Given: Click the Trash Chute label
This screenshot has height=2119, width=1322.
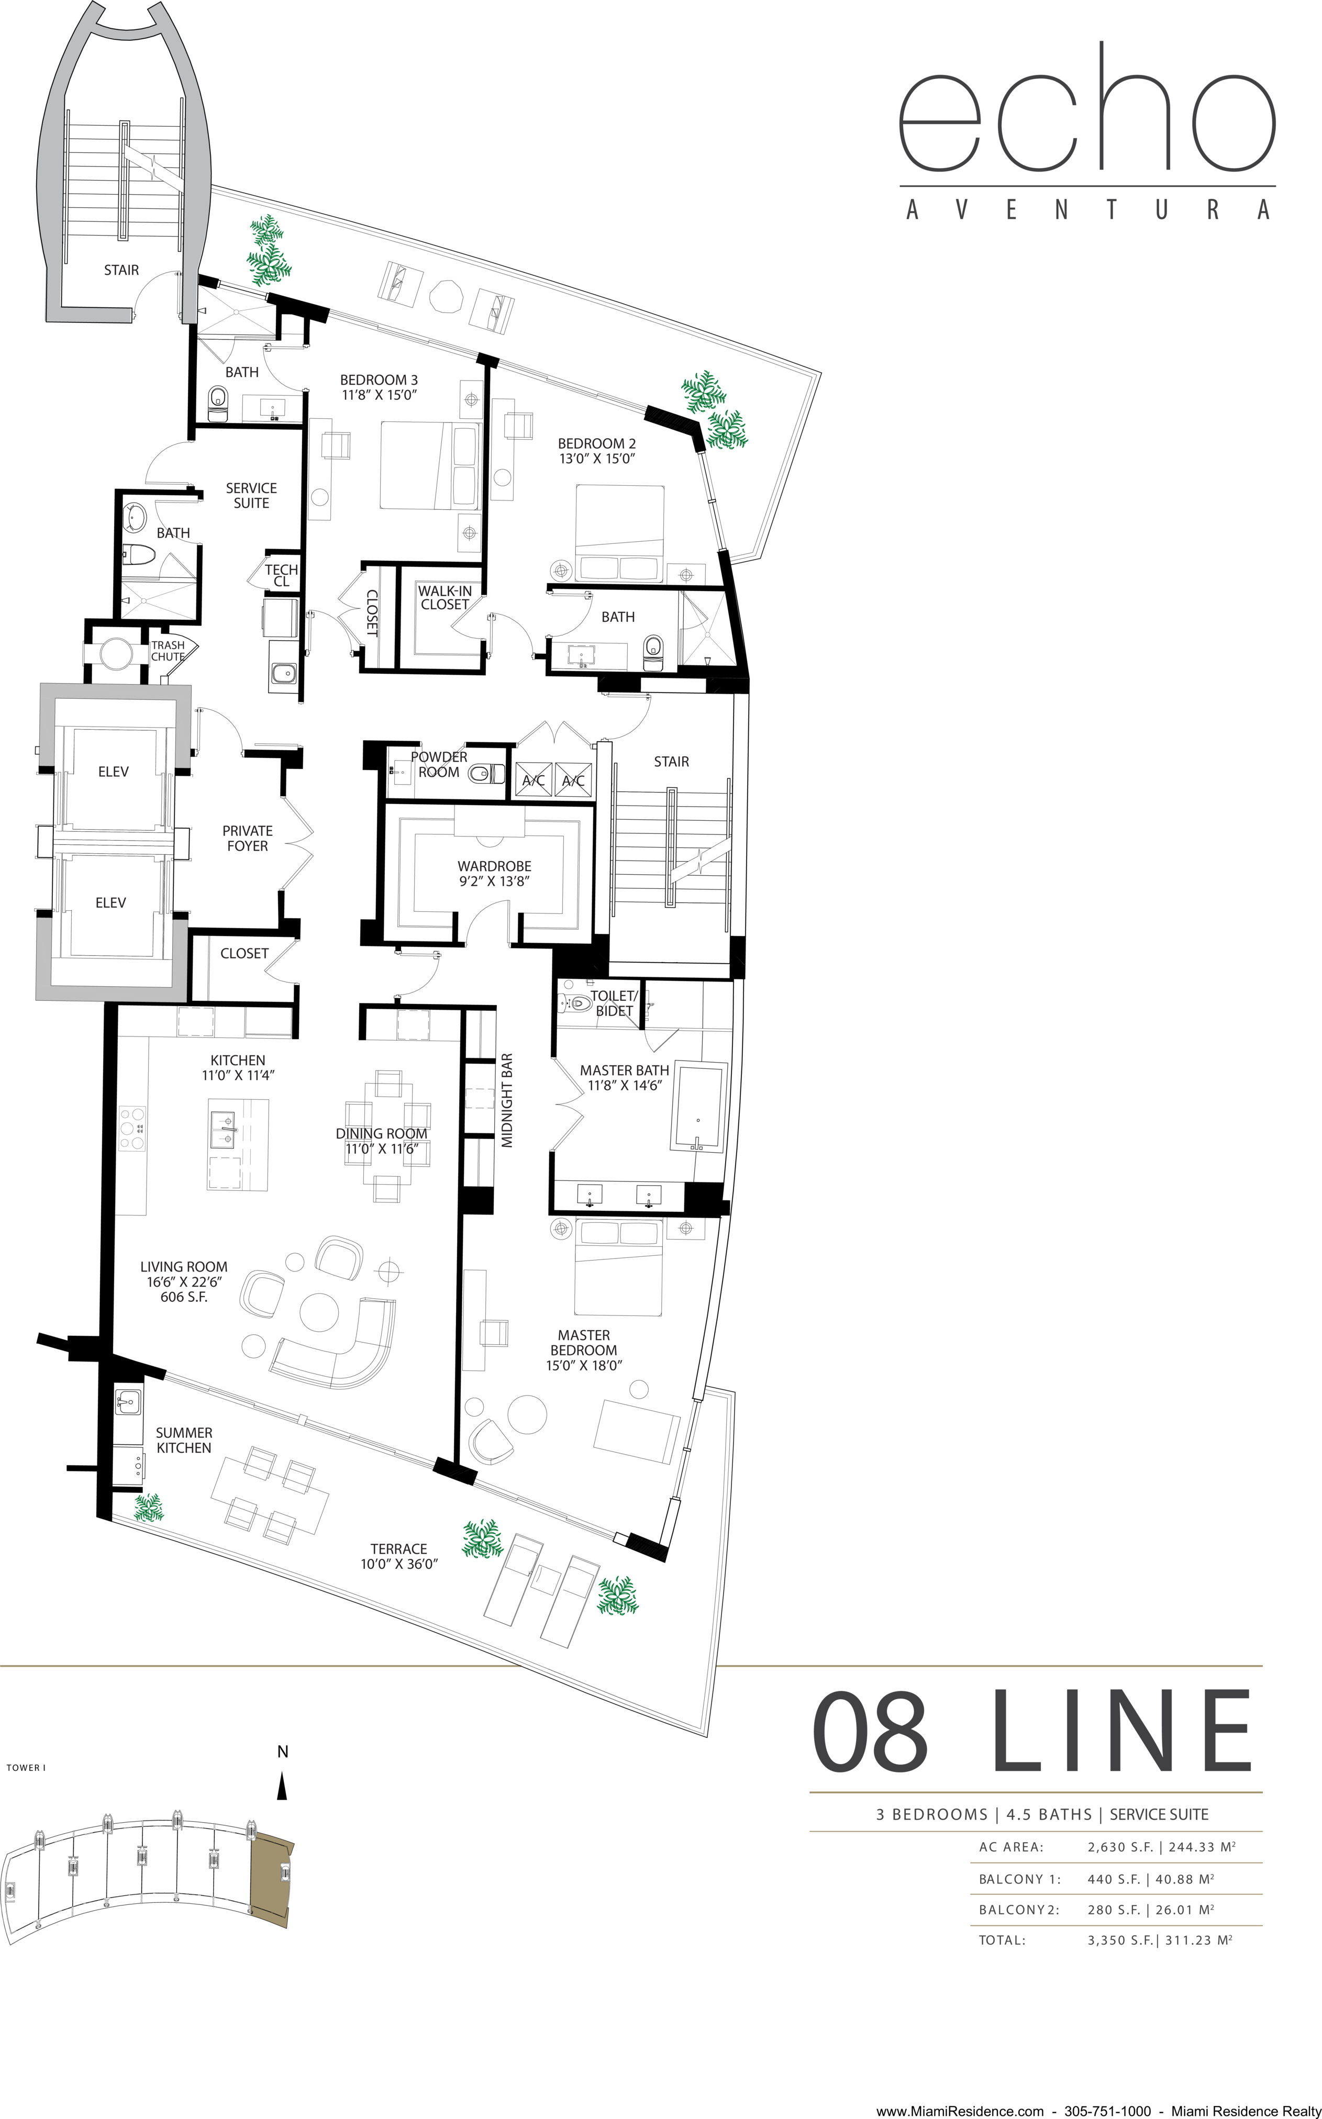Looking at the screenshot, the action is click(x=168, y=650).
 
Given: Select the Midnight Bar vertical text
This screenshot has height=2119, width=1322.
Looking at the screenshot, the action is click(x=507, y=1100).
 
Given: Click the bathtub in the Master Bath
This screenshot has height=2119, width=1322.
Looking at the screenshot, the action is click(x=698, y=1107).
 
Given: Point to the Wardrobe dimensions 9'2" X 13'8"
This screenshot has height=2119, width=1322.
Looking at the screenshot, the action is click(x=495, y=881).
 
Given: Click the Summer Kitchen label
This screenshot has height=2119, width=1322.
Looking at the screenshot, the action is click(x=184, y=1440).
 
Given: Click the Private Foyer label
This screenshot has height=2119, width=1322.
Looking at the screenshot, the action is click(x=248, y=838).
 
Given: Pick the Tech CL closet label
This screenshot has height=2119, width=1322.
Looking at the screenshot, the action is click(x=282, y=575).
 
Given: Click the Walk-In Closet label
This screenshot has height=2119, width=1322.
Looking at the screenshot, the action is click(x=445, y=597).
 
